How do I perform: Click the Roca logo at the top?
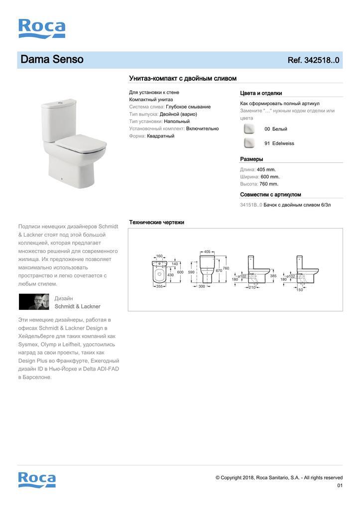click(x=42, y=28)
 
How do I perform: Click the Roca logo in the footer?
click(x=37, y=479)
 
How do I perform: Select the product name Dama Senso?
click(x=52, y=60)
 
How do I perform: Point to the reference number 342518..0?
click(x=313, y=60)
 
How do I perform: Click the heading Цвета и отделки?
click(x=261, y=93)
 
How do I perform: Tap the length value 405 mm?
click(x=266, y=169)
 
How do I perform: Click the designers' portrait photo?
click(x=34, y=302)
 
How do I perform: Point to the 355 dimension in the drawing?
click(x=159, y=286)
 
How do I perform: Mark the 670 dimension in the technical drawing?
click(x=219, y=270)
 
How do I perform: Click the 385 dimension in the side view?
click(x=273, y=275)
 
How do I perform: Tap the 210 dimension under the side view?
click(x=252, y=287)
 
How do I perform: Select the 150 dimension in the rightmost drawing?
click(x=300, y=290)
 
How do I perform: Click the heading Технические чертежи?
click(x=156, y=222)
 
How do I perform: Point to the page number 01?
click(x=340, y=486)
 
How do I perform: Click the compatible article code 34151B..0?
click(x=250, y=205)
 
